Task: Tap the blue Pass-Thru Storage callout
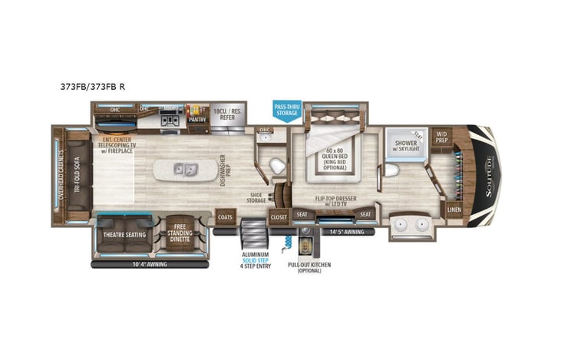click(x=288, y=111)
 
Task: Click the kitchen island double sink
click(x=184, y=169)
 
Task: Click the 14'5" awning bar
click(x=345, y=231)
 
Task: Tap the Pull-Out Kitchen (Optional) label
click(x=304, y=267)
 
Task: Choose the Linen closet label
click(x=454, y=209)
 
